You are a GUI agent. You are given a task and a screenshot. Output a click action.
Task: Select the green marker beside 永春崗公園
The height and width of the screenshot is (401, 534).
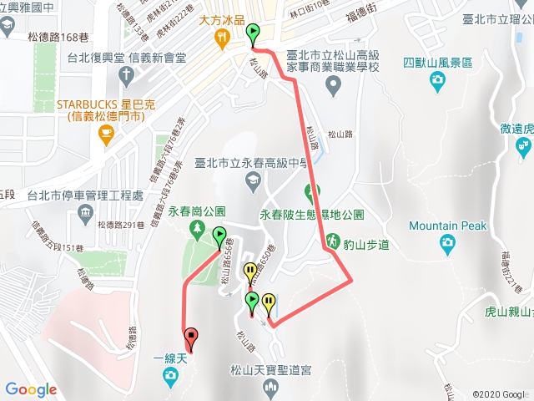coord(219,236)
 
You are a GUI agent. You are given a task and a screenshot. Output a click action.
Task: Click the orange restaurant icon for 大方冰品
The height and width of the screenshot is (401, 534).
coord(221,38)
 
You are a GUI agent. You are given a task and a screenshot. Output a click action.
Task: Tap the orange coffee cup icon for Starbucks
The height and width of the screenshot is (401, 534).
coord(105,134)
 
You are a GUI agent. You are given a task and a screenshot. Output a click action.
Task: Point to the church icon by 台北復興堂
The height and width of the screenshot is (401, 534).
coord(126,74)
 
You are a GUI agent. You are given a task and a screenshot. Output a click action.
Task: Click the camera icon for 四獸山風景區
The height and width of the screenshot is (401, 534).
coord(438,80)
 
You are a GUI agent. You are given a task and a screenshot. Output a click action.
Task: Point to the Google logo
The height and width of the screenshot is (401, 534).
coord(31,389)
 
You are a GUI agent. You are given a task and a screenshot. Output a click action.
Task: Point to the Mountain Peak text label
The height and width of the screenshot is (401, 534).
coord(448,226)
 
